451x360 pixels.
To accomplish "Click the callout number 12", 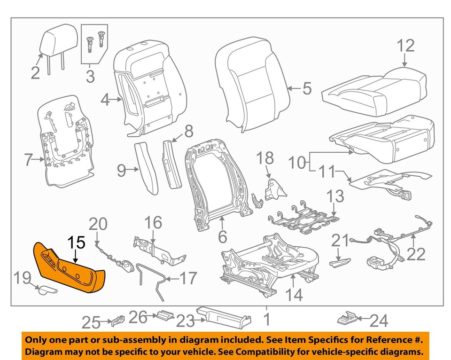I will coord(406,46).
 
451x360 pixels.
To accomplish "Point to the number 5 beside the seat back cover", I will coord(306,88).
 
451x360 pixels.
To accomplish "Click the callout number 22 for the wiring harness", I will coord(416,254).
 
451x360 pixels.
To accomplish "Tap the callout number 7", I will coord(28,161).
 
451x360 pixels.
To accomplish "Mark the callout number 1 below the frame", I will coord(266,320).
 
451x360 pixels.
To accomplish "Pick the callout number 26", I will coord(139,318).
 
